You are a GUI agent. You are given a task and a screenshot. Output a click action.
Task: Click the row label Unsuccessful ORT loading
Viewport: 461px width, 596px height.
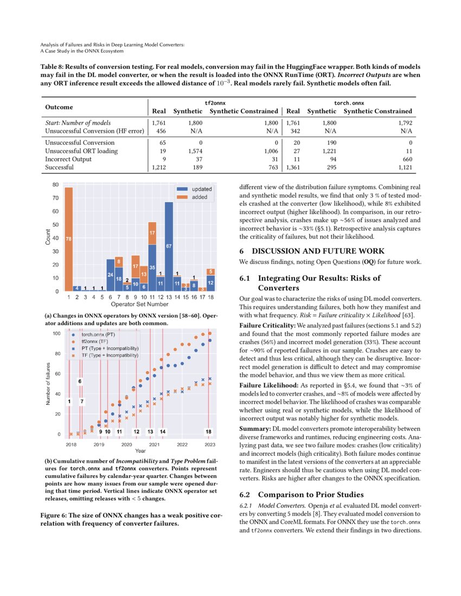pyautogui.click(x=81, y=151)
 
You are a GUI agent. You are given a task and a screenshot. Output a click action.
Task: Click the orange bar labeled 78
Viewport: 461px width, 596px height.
pyautogui.click(x=68, y=238)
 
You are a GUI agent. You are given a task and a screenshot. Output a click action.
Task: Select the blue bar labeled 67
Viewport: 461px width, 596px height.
pyautogui.click(x=169, y=247)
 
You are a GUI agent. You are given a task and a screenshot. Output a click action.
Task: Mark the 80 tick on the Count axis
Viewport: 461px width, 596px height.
pyautogui.click(x=55, y=185)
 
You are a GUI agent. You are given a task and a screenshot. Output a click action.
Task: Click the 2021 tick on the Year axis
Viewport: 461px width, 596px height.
pyautogui.click(x=154, y=444)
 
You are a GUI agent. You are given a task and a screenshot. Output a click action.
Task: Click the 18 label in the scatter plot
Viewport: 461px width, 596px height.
pyautogui.click(x=208, y=431)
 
